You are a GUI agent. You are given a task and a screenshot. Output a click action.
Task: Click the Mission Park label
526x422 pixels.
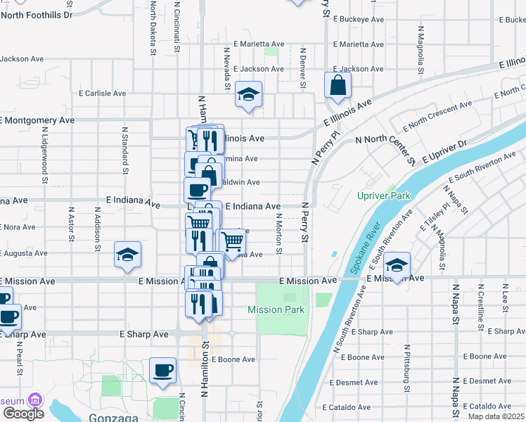(276, 309)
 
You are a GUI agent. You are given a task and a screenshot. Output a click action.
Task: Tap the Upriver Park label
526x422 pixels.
(383, 195)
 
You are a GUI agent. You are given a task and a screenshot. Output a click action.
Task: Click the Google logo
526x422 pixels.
(23, 414)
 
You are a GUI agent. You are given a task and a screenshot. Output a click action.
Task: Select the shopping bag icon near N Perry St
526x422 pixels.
(338, 85)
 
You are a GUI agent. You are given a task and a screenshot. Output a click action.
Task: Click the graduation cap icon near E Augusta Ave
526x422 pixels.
(127, 255)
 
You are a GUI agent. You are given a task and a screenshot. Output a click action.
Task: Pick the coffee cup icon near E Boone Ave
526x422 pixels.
(162, 370)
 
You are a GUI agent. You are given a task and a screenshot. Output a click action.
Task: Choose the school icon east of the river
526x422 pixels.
(397, 265)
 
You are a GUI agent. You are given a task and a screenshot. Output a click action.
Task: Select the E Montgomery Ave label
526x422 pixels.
(37, 120)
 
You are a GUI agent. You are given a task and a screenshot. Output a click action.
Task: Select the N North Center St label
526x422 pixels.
(386, 145)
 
